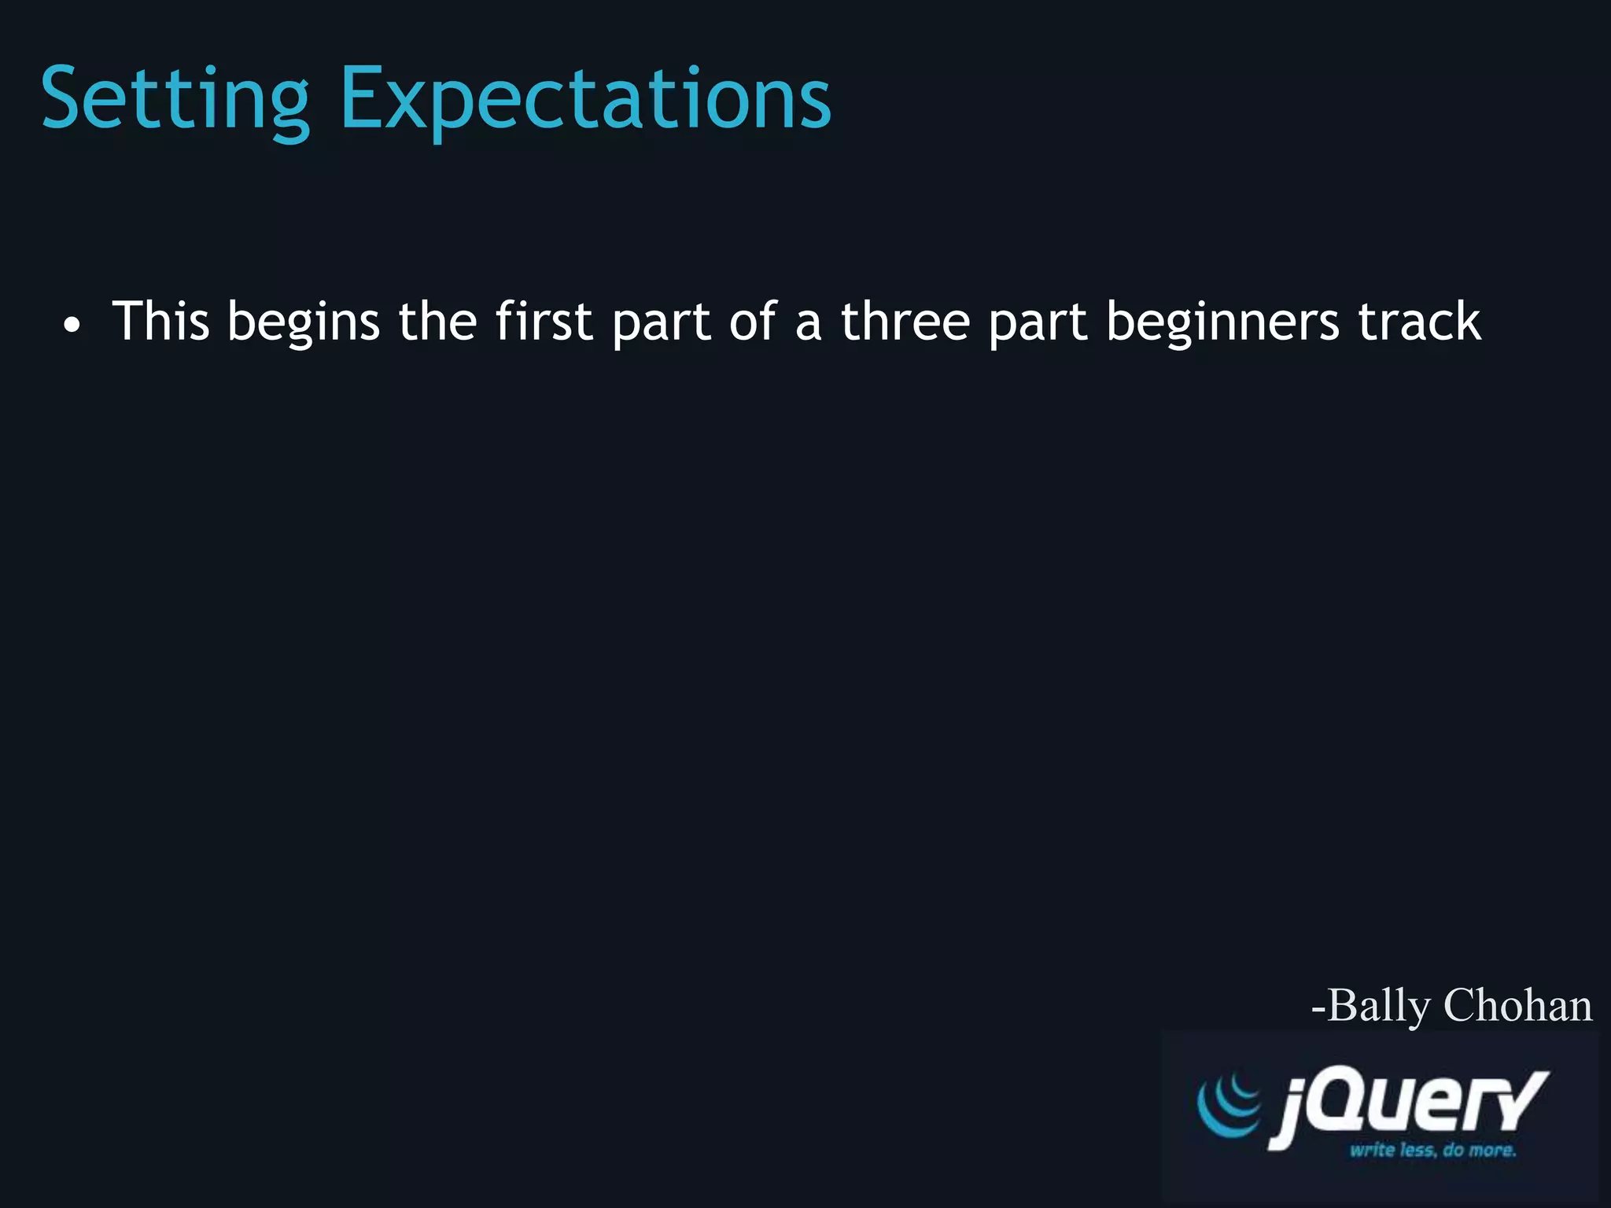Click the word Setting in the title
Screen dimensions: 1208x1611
coord(175,100)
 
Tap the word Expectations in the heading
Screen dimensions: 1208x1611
coord(585,100)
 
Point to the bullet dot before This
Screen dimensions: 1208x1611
coord(72,326)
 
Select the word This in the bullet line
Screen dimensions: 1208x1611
coord(160,321)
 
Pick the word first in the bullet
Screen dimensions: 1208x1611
coord(544,321)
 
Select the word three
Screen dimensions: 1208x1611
coord(905,321)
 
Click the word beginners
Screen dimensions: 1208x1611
coord(1222,322)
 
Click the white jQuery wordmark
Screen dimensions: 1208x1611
coord(1408,1106)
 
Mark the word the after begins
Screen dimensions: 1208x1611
coord(437,321)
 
